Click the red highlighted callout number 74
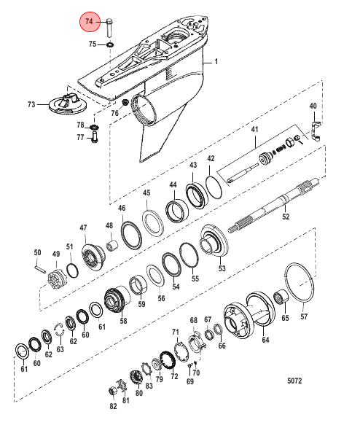click(90, 21)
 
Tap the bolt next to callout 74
click(109, 28)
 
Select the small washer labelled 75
click(110, 44)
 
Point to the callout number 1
click(216, 61)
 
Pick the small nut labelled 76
click(125, 103)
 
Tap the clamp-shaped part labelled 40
click(316, 131)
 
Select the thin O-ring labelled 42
click(214, 187)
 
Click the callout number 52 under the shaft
click(286, 217)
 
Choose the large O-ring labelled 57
click(300, 282)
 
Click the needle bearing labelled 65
click(281, 297)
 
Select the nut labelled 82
click(113, 391)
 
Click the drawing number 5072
click(294, 381)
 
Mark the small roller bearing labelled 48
click(112, 245)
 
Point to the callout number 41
click(254, 129)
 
